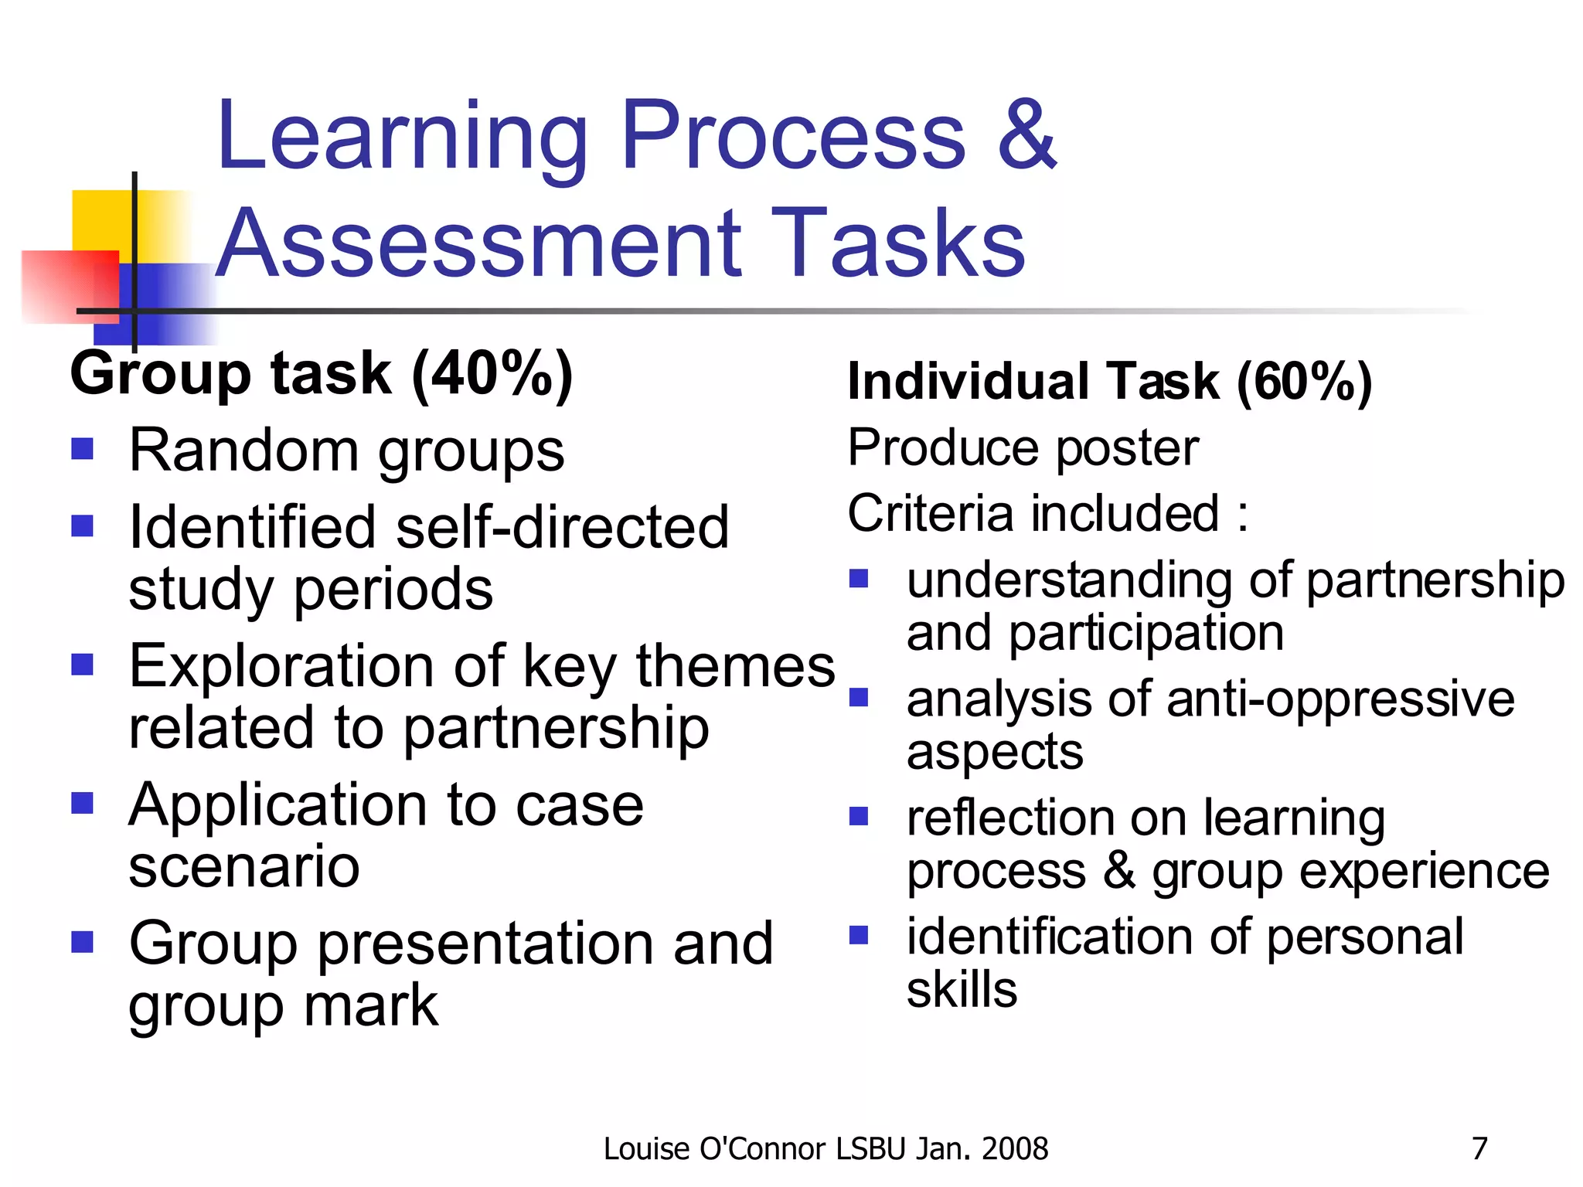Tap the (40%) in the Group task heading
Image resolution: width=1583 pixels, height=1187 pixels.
click(492, 375)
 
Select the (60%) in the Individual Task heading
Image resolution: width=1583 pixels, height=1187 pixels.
click(1304, 382)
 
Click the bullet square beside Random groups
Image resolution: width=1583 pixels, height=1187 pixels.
click(82, 449)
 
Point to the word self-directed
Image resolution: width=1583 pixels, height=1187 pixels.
click(562, 528)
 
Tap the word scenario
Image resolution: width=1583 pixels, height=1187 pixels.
click(244, 866)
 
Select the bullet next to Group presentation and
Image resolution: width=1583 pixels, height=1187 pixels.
click(82, 941)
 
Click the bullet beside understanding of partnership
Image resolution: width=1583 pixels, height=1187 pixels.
click(859, 579)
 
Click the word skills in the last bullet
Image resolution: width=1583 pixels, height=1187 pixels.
click(962, 990)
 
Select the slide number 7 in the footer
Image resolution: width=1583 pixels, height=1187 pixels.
click(1479, 1148)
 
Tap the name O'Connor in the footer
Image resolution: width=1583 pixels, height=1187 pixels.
click(763, 1149)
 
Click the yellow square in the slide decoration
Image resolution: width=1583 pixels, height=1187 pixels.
click(100, 220)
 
